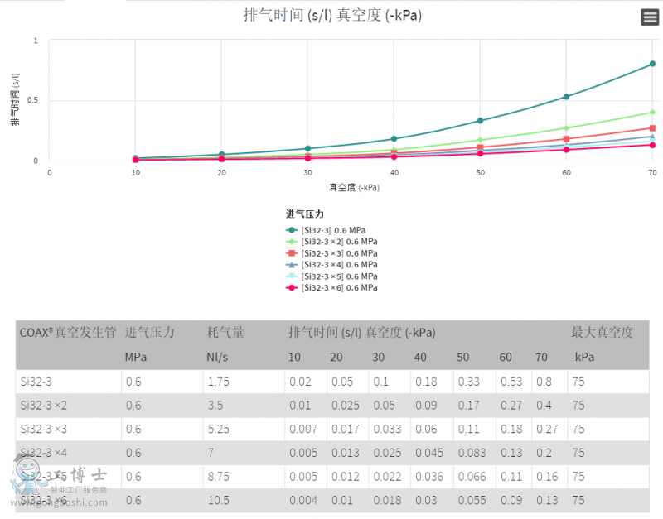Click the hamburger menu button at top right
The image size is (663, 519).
[x=649, y=17]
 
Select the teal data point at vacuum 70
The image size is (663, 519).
[x=652, y=64]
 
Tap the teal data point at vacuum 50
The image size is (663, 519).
[x=480, y=121]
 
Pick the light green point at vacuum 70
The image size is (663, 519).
[x=652, y=112]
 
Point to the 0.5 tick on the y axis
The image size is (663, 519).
[x=35, y=101]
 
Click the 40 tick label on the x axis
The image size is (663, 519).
[x=394, y=172]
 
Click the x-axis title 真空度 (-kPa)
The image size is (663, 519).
[x=354, y=188]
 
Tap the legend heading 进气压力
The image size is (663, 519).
[x=305, y=214]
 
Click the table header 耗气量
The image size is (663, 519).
[x=225, y=333]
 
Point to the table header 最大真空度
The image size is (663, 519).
[x=602, y=333]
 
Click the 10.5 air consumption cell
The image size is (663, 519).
[x=218, y=500]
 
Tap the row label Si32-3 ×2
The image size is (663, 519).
[x=44, y=406]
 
